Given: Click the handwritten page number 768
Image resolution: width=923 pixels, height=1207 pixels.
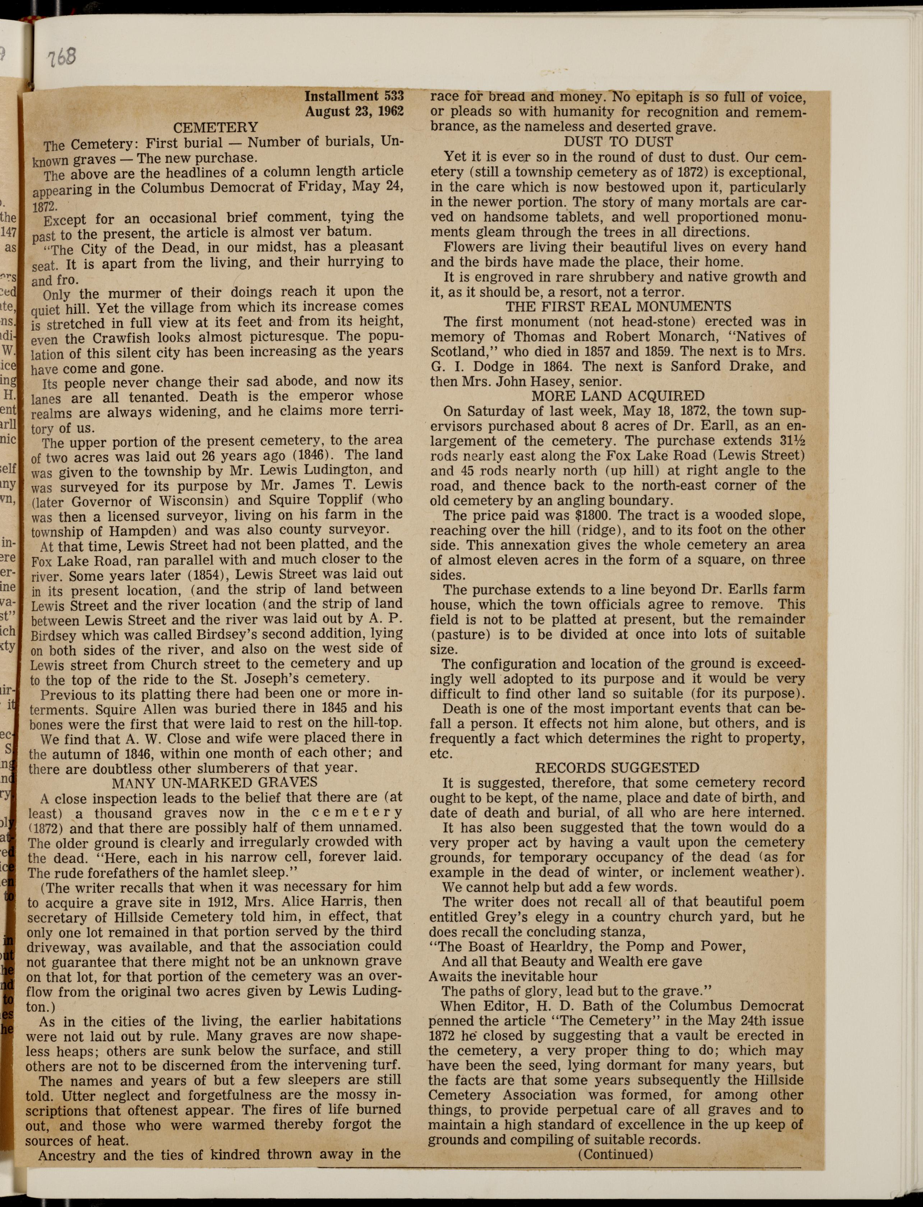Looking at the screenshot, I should pos(61,57).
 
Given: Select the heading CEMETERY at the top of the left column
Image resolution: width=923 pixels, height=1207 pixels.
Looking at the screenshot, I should pos(215,128).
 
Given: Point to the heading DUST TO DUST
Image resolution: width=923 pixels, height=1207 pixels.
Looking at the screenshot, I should pos(618,142).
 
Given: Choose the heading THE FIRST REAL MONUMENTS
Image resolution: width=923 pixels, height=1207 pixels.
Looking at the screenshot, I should pos(618,306).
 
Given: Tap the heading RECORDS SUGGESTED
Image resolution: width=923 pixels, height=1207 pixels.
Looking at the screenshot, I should pos(618,768).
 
